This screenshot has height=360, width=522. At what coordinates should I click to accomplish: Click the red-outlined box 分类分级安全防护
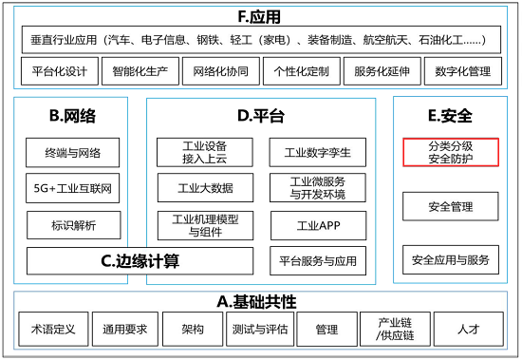click(x=451, y=152)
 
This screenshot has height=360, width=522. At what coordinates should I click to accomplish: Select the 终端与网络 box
click(x=74, y=152)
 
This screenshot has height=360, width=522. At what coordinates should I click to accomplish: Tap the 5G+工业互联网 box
click(x=74, y=189)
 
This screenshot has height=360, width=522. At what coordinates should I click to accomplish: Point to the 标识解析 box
click(x=74, y=225)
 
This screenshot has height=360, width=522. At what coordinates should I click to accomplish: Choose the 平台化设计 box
click(x=59, y=70)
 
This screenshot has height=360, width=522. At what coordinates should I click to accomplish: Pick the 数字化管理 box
click(x=462, y=70)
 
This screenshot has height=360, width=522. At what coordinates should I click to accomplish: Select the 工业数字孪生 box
click(x=318, y=151)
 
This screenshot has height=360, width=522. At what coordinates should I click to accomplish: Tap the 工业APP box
click(x=318, y=225)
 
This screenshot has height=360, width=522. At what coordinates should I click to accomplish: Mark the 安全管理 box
click(x=451, y=206)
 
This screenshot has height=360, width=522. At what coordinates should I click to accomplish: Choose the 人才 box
click(x=467, y=330)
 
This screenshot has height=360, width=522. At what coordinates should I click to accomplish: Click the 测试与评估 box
click(x=259, y=330)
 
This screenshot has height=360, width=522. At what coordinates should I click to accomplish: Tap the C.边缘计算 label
click(x=140, y=260)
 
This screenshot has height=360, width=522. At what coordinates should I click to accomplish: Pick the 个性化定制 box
click(x=300, y=70)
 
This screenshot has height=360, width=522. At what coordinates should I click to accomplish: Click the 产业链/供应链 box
click(x=395, y=330)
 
